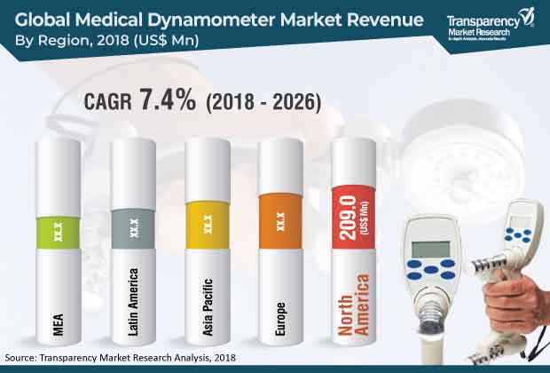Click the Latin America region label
coord(133,297)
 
